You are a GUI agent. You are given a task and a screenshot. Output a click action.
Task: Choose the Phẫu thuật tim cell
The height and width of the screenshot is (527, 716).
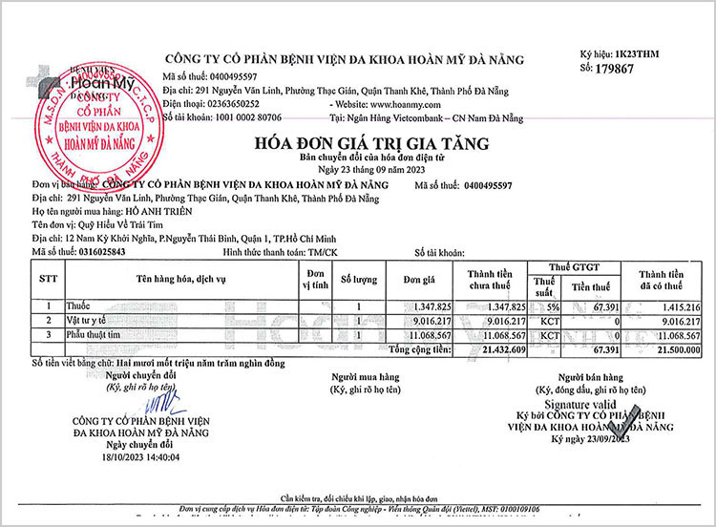[x=89, y=335]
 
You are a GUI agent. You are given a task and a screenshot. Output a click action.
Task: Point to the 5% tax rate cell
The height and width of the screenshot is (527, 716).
[x=546, y=307]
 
